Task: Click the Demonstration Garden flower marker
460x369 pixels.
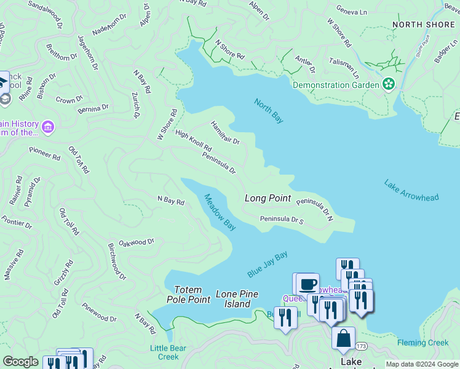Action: click(389, 84)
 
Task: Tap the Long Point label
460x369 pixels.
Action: click(268, 198)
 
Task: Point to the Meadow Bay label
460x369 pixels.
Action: click(220, 212)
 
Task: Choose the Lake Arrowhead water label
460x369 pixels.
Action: click(411, 191)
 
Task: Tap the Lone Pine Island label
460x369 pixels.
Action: click(237, 300)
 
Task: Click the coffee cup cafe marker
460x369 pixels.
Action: click(308, 284)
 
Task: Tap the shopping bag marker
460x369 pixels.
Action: click(343, 338)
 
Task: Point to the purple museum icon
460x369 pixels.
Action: click(49, 127)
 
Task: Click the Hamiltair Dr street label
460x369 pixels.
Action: click(225, 132)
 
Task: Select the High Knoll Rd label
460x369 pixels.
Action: click(193, 141)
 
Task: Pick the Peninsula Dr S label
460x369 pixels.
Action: click(282, 219)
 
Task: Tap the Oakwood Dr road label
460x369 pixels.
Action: click(136, 243)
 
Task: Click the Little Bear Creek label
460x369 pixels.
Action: click(164, 352)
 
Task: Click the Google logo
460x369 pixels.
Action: click(20, 362)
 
